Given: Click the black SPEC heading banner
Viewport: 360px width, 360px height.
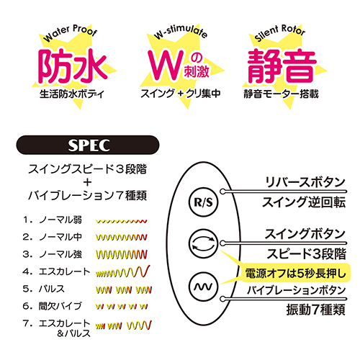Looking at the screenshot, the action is (88, 145).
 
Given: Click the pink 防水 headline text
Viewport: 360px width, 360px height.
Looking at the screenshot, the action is (72, 66).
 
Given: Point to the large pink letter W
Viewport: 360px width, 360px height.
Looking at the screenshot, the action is (166, 65).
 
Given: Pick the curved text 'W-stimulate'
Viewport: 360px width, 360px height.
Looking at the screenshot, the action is (181, 31).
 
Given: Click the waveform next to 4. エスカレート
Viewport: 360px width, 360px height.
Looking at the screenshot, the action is (122, 271).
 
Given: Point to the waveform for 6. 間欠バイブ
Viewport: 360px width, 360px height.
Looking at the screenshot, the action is (122, 306).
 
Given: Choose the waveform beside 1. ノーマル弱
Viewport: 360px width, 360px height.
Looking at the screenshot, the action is (121, 221).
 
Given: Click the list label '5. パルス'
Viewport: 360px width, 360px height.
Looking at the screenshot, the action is (44, 289).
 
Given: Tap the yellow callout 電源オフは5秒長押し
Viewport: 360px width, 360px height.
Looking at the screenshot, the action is (295, 273).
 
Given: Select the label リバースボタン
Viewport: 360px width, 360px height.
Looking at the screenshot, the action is (305, 182).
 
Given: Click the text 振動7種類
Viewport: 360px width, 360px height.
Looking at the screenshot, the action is (316, 310).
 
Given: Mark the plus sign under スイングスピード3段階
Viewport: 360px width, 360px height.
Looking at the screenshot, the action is (88, 182).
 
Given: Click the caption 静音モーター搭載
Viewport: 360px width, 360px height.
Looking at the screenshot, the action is (281, 94).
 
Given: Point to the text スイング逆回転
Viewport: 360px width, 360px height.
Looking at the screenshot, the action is (304, 202).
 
